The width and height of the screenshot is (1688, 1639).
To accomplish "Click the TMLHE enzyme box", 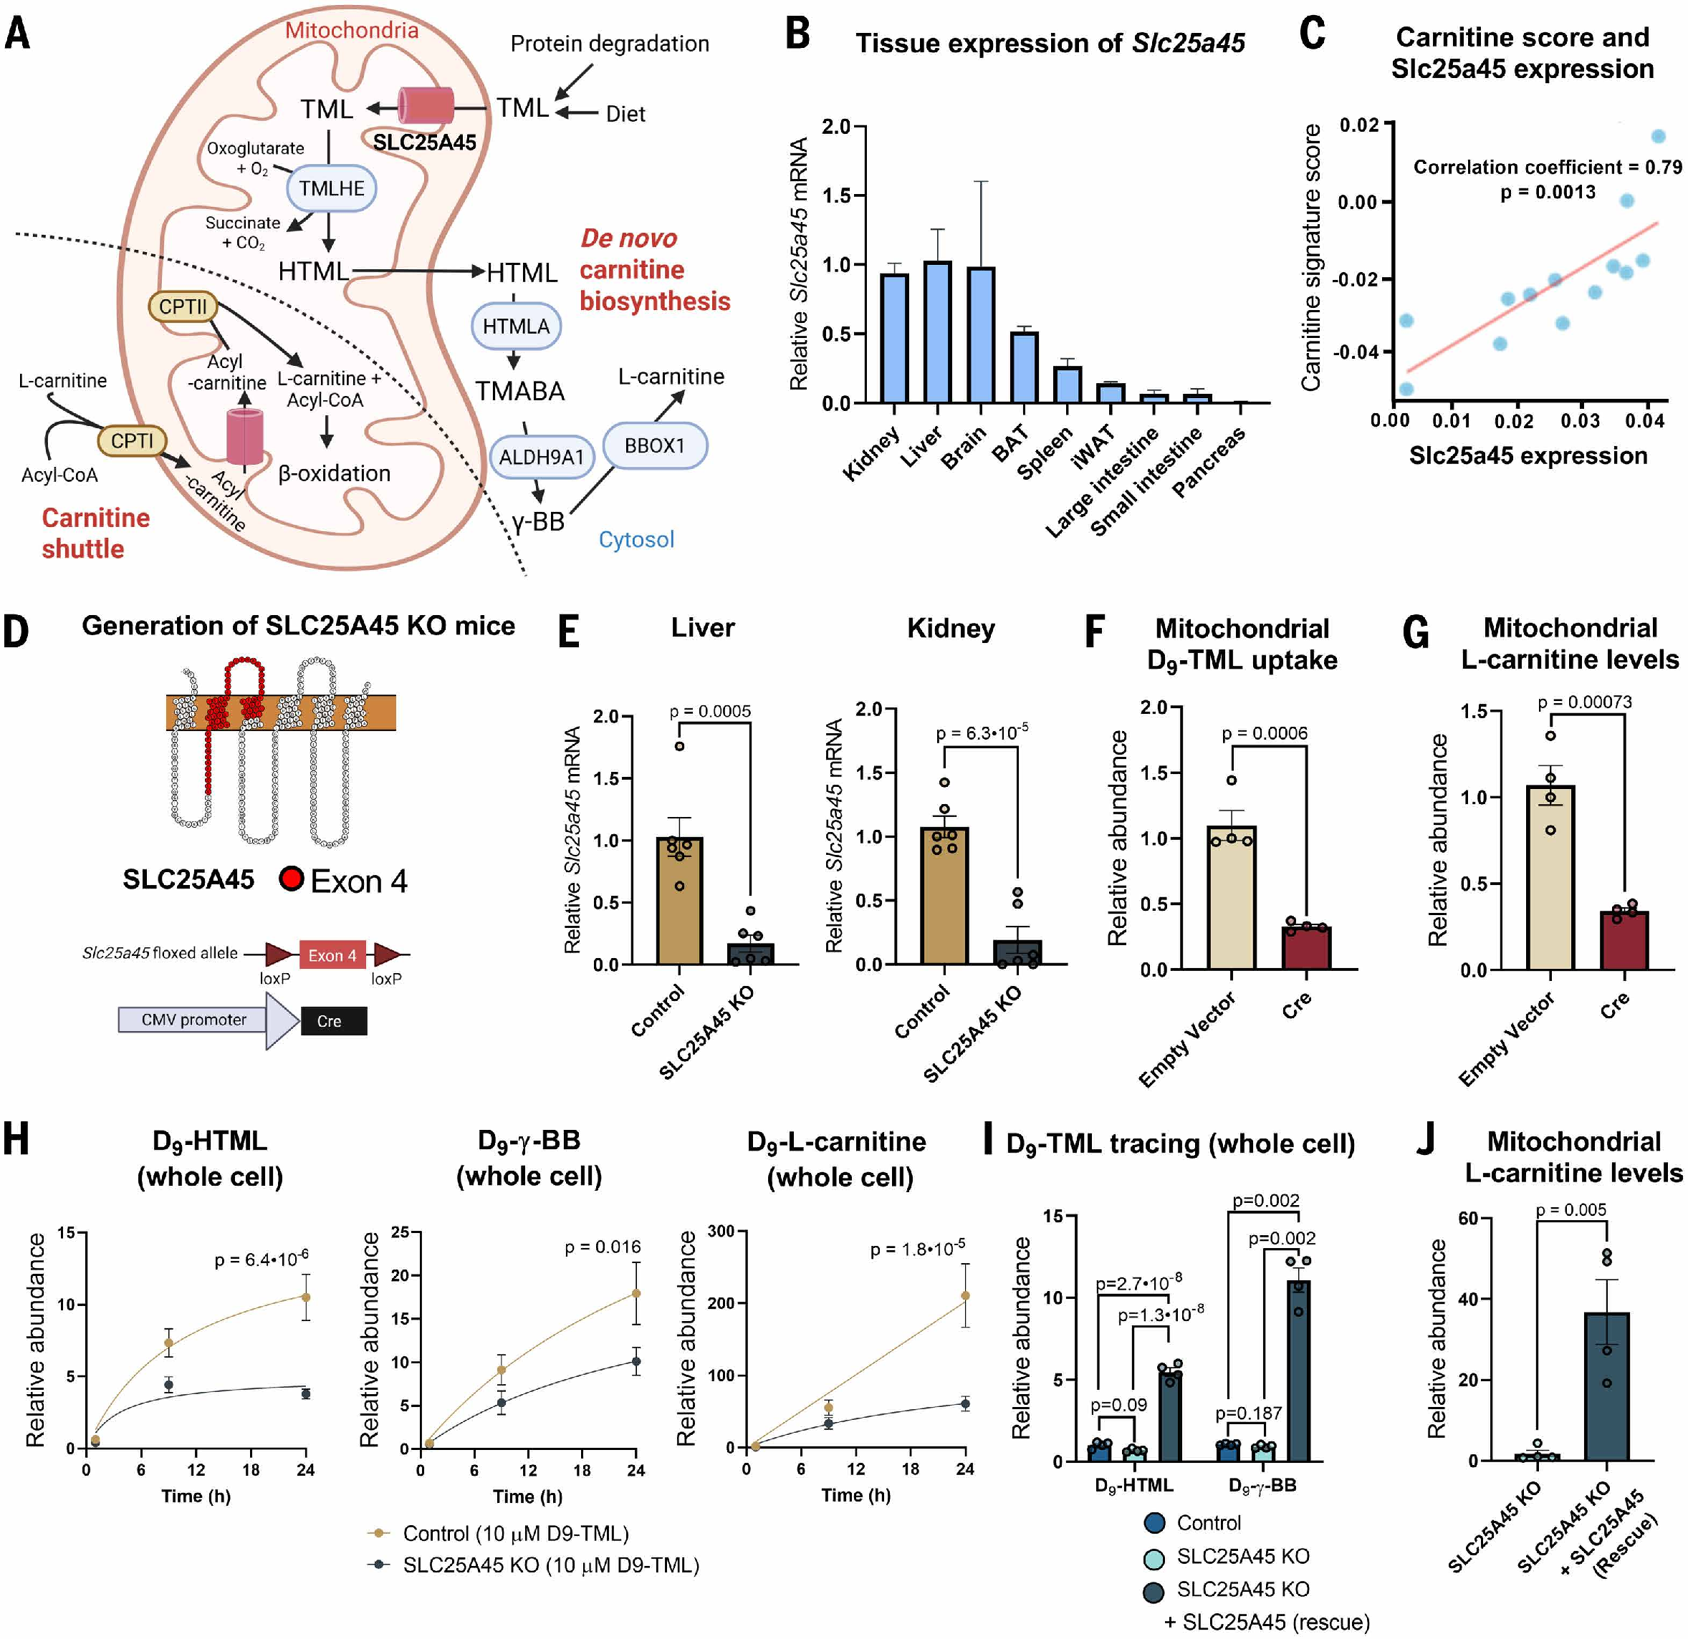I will click(331, 188).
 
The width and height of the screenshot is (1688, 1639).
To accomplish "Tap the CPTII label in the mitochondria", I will click(183, 306).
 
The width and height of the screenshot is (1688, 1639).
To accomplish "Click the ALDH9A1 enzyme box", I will click(541, 457).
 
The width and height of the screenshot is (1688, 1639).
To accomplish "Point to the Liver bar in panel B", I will click(937, 332).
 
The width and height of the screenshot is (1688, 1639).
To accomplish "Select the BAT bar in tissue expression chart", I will click(1024, 367).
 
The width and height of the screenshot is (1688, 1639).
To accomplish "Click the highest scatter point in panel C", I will click(1658, 136).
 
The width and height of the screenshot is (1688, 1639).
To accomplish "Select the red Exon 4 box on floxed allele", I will click(332, 954).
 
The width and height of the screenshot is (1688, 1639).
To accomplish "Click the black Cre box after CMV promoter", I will click(333, 1021).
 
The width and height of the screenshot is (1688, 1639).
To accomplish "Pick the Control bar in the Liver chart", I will click(679, 901).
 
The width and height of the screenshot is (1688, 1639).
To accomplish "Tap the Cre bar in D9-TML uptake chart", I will click(1305, 948).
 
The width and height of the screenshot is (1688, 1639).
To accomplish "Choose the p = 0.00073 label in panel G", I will click(1585, 702).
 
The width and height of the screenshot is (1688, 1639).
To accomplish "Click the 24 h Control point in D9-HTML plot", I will click(306, 1297).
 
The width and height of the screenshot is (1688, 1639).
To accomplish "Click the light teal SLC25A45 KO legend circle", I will click(1154, 1557).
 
